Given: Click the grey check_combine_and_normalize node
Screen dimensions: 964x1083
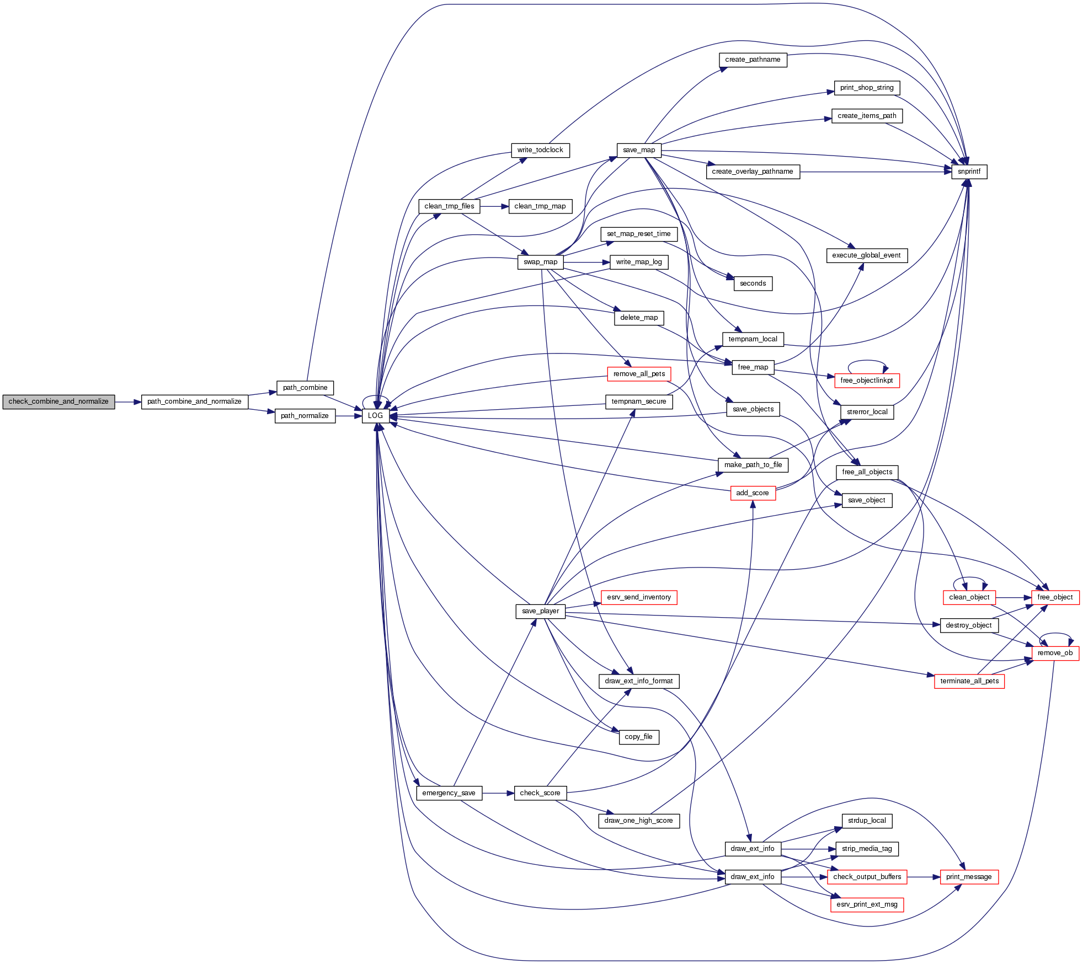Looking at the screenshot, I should (x=58, y=401).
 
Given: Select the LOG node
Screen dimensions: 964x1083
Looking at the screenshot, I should (x=375, y=416).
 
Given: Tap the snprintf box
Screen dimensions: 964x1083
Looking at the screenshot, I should (x=969, y=172).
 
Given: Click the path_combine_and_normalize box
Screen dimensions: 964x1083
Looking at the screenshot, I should (x=194, y=401).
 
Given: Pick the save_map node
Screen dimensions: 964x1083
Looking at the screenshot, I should (x=639, y=150).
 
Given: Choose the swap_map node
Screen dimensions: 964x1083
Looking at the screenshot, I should (x=540, y=262).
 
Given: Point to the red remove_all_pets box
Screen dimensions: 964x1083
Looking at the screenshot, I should (x=639, y=374).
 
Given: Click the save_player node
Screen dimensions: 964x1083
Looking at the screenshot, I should (x=540, y=611).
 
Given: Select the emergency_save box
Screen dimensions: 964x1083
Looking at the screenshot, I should (x=449, y=793).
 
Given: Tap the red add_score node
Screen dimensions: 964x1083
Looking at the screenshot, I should (x=753, y=493).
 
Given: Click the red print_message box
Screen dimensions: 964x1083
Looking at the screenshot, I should (x=969, y=877).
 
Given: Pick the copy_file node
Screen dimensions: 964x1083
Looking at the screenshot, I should (x=639, y=737).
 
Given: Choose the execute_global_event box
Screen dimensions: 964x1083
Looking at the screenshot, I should (x=866, y=255).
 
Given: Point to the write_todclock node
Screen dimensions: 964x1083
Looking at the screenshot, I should (x=540, y=150).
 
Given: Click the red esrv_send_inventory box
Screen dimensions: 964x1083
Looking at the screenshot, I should (x=639, y=597).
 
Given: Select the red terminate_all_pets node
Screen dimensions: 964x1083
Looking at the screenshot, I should (x=969, y=681).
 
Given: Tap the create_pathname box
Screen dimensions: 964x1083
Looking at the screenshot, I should (x=753, y=60).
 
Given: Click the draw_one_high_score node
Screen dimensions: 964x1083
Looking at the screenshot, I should (x=639, y=821).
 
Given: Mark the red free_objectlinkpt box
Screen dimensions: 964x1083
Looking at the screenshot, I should (x=866, y=381).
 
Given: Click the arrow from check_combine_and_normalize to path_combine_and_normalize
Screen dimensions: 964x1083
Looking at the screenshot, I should (x=128, y=402).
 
